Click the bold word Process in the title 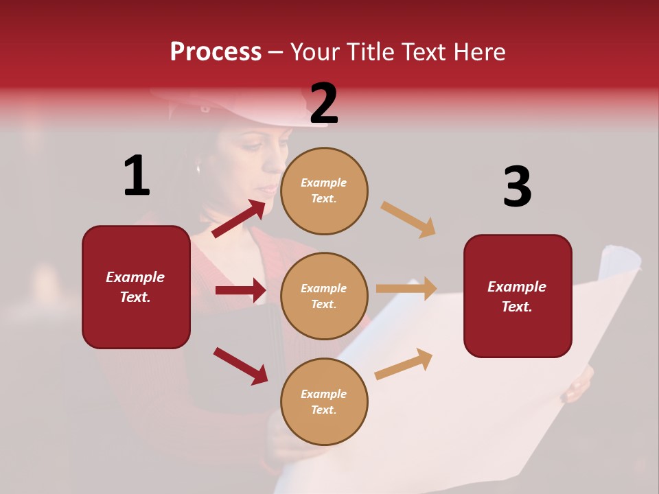coord(216,52)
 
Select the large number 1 coord(137,176)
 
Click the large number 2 coord(324,104)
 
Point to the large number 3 coord(517,187)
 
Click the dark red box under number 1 coord(136,287)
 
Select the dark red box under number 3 coord(518,296)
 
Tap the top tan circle coord(324,191)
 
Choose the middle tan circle coord(324,296)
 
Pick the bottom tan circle coord(324,401)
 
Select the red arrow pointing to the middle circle coord(240,290)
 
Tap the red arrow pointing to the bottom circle coord(241,366)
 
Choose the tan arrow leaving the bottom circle coord(404,364)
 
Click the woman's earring coord(198,167)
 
